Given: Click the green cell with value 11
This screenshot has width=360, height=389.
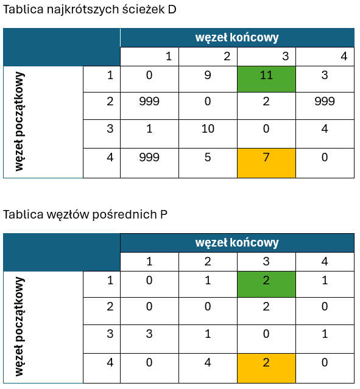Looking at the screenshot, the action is pos(266,79).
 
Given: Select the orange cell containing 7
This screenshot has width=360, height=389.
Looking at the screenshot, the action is pos(266,163).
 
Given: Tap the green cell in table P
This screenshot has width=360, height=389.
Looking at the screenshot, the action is pos(266,284).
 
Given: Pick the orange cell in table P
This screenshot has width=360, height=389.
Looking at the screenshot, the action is pos(266,368).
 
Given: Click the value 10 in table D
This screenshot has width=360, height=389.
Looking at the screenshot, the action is pos(208,129).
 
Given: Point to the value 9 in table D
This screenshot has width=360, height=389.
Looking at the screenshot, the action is pos(208,75).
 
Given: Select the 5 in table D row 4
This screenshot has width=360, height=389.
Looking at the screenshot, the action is pos(208,157).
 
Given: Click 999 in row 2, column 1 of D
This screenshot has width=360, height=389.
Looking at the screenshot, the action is pos(149,101).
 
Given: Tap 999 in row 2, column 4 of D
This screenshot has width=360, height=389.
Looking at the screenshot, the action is pos(325,101).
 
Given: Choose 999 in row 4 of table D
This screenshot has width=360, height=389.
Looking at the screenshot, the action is pos(149,157).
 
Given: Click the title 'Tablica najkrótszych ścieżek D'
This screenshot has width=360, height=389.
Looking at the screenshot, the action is pos(90,10).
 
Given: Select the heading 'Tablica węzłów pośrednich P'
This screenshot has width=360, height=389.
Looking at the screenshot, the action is pos(85,214).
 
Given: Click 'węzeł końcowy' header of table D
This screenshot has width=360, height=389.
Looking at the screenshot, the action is pos(237,38).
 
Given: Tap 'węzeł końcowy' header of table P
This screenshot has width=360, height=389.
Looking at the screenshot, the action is pos(237,243).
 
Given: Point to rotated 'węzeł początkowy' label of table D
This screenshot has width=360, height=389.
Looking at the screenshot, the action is pos(19,122).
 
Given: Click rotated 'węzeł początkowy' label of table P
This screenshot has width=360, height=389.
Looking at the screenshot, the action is pos(19,326).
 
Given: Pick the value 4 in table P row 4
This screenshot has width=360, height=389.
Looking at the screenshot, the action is pos(208,362).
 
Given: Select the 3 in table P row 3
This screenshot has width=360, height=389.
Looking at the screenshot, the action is pos(149,334).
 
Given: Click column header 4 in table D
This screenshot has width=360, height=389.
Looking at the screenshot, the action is pos(344,57).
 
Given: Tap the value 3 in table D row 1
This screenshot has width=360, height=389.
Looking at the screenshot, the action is pos(325,75).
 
